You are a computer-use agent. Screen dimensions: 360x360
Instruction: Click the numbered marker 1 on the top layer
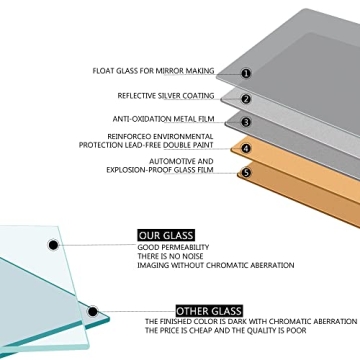[x=246, y=73]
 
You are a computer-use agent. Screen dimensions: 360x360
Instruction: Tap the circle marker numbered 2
[x=246, y=99]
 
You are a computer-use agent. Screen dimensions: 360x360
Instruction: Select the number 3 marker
[x=246, y=122]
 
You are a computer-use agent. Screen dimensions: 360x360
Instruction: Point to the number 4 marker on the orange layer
[x=246, y=148]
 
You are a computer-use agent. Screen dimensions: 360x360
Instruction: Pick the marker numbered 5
[x=246, y=173]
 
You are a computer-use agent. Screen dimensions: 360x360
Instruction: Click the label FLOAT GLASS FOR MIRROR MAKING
[x=153, y=71]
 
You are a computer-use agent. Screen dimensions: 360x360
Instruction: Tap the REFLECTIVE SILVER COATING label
[x=166, y=96]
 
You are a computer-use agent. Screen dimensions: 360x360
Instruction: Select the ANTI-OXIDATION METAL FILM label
[x=163, y=119]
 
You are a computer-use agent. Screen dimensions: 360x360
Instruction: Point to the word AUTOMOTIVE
[x=169, y=162]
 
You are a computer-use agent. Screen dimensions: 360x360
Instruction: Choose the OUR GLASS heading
[x=166, y=236]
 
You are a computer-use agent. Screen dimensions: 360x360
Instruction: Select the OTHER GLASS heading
[x=209, y=311]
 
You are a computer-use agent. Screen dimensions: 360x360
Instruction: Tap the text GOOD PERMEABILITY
[x=173, y=247]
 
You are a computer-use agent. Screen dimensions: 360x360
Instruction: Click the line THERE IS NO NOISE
[x=170, y=256]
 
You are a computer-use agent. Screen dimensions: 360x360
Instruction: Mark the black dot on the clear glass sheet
[x=53, y=245]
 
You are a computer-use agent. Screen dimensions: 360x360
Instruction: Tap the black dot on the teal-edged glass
[x=93, y=312]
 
